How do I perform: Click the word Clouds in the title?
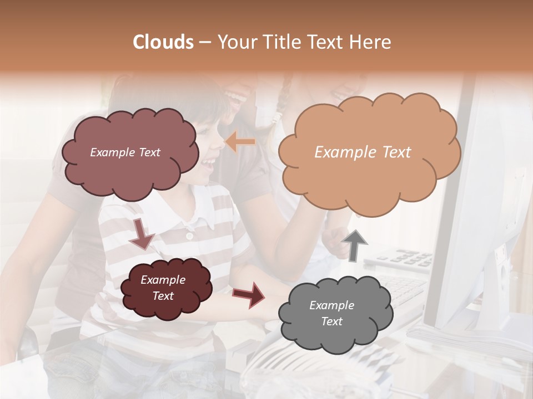(163, 42)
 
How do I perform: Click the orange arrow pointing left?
(240, 142)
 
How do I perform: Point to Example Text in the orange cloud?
(363, 152)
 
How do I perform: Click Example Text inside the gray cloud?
(331, 313)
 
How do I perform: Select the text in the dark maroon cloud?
(163, 288)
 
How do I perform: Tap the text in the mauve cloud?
(125, 152)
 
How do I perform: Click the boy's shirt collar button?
(189, 236)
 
